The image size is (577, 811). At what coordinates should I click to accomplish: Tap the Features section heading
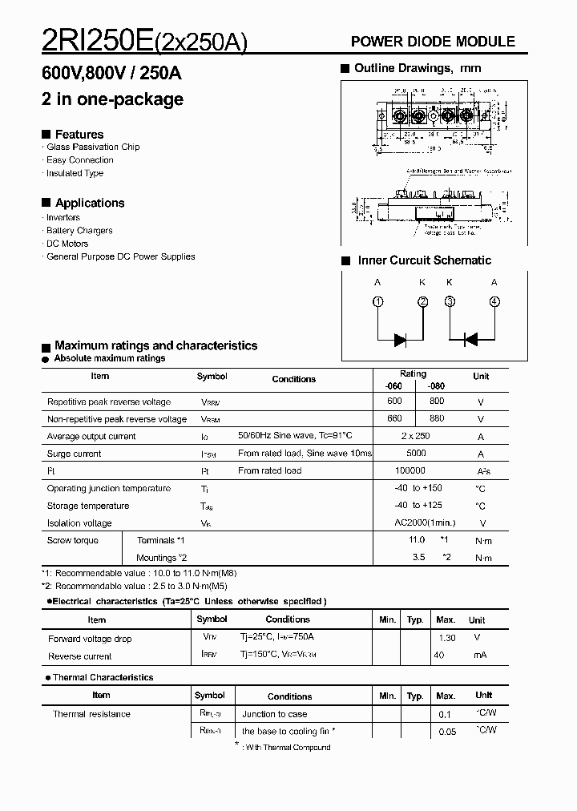[x=79, y=134]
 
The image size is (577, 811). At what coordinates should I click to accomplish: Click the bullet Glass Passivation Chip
[x=93, y=147]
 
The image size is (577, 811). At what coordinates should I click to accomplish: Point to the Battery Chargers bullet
[x=79, y=231]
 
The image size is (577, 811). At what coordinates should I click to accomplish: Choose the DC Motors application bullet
[x=67, y=244]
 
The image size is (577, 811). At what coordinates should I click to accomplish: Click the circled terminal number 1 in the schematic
[x=378, y=301]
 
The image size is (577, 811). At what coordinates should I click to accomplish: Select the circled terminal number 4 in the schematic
[x=494, y=301]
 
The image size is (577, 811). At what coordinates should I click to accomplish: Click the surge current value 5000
[x=416, y=454]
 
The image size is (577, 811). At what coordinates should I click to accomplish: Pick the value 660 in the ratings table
[x=394, y=419]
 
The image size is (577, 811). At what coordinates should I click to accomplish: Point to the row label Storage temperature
[x=88, y=506]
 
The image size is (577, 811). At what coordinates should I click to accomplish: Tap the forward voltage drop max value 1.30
[x=447, y=638]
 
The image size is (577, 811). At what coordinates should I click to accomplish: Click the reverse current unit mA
[x=479, y=656]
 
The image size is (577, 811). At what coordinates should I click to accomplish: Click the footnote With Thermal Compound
[x=288, y=747]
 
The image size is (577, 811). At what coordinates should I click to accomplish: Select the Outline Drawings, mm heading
[x=418, y=69]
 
